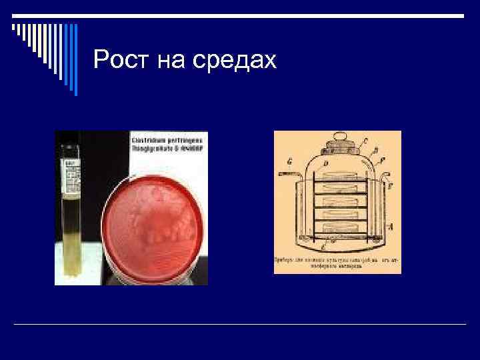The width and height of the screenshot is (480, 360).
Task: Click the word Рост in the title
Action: tap(122, 61)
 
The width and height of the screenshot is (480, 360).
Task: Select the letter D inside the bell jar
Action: tap(324, 163)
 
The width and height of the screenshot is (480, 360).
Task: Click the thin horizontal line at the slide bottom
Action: tap(240, 324)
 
